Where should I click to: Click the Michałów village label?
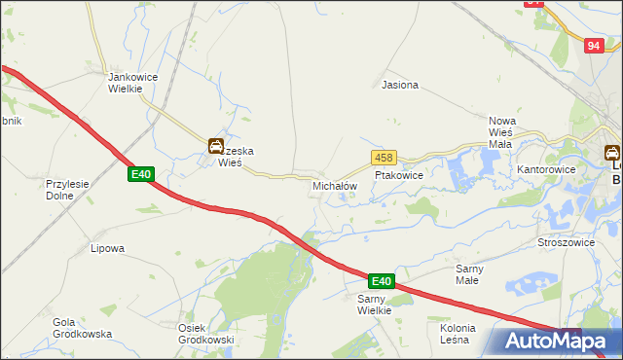pyautogui.click(x=335, y=185)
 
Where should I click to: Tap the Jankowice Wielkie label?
pyautogui.click(x=126, y=82)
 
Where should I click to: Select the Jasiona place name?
pyautogui.click(x=400, y=85)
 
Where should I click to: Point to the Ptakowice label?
pyautogui.click(x=399, y=176)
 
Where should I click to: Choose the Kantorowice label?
pyautogui.click(x=546, y=169)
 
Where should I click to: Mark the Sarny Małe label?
pyautogui.click(x=476, y=273)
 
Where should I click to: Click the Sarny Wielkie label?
pyautogui.click(x=374, y=304)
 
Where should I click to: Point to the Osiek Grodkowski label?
pyautogui.click(x=205, y=333)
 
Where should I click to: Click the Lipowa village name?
pyautogui.click(x=107, y=248)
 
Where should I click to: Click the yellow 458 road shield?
pyautogui.click(x=383, y=158)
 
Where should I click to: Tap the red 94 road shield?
pyautogui.click(x=595, y=46)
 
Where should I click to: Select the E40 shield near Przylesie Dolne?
pyautogui.click(x=141, y=174)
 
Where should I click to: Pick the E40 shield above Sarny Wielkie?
pyautogui.click(x=381, y=281)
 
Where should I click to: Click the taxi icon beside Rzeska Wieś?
pyautogui.click(x=215, y=147)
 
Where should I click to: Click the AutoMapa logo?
pyautogui.click(x=556, y=341)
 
